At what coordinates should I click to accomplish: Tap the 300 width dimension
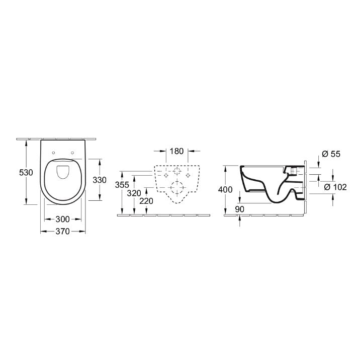pos(62,219)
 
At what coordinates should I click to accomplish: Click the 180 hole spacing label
pos(176,151)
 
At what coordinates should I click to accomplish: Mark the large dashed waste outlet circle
pos(176,188)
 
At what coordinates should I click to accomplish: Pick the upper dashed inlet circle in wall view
pos(176,170)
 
